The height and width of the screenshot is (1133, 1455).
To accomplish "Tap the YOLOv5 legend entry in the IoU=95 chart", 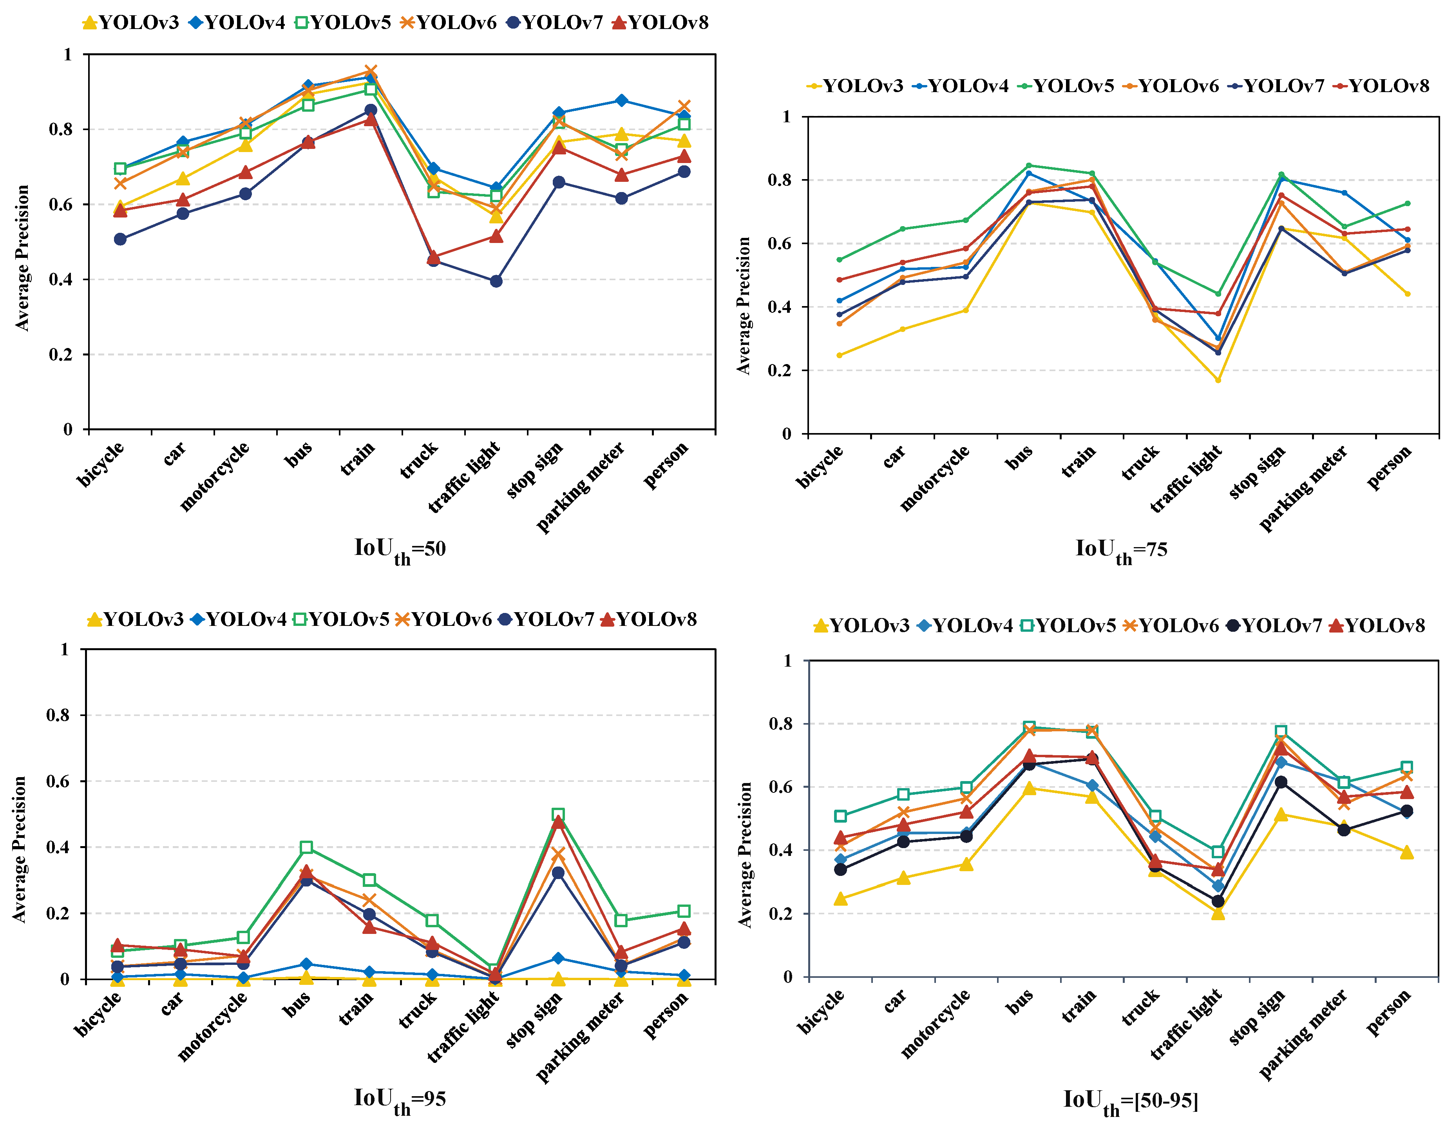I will [341, 620].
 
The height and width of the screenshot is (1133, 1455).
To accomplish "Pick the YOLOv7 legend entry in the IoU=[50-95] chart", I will [1273, 626].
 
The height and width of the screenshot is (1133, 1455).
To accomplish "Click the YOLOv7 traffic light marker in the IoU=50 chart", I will [496, 281].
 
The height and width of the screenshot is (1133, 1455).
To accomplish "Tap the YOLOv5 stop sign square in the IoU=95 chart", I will [558, 814].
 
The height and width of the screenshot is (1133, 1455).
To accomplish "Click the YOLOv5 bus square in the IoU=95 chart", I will [306, 848].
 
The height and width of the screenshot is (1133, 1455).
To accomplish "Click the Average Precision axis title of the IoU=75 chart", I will [744, 305].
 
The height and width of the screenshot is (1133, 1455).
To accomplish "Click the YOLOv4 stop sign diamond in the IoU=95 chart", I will [558, 958].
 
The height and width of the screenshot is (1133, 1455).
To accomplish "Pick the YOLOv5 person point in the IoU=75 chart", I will [1408, 204].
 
